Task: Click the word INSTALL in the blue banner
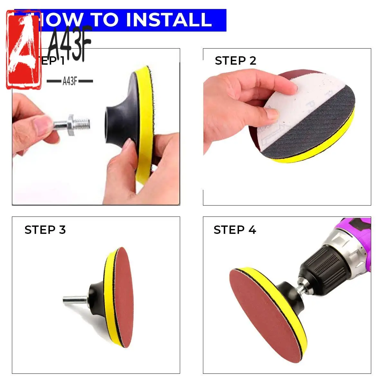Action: (169, 20)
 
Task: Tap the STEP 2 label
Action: (235, 61)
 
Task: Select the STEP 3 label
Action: (45, 230)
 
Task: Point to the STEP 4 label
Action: (235, 230)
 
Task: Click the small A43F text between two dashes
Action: (70, 81)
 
